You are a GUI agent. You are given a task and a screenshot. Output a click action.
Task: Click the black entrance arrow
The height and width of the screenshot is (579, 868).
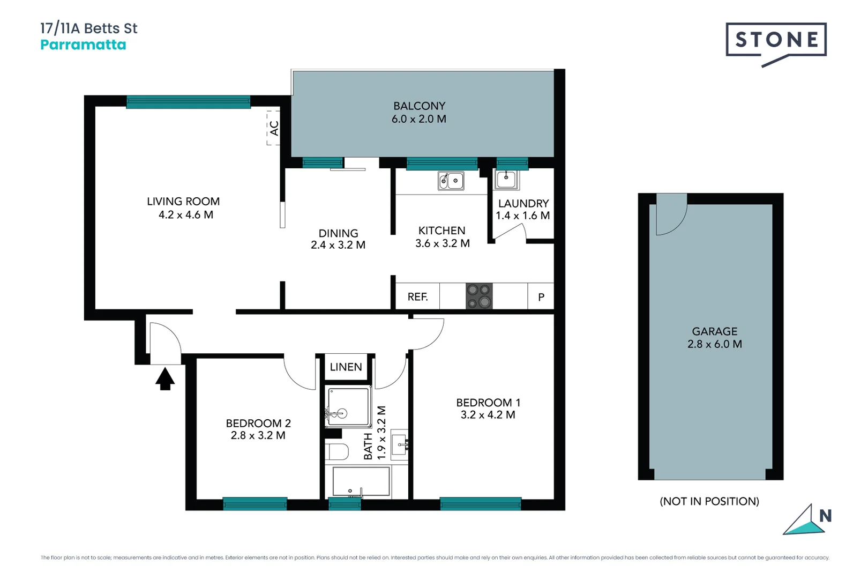pos(165,378)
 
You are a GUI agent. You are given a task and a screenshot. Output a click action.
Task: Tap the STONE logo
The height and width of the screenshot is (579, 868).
pos(776,40)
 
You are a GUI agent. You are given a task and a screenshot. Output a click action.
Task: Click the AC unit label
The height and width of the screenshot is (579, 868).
pos(274,128)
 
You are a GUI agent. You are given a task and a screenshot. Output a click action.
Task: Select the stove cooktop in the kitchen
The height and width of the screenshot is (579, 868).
pos(478,296)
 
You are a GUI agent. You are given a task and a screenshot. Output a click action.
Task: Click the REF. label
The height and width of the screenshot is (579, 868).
pos(417,297)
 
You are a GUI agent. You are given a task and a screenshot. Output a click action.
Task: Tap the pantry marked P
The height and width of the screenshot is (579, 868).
pos(541,297)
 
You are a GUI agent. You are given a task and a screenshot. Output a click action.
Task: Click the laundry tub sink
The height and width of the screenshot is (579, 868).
pos(506,180)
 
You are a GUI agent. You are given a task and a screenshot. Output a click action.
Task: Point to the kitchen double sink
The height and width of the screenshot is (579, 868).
pos(451,181)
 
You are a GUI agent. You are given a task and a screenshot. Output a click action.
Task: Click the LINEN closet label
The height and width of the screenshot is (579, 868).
pos(346,367)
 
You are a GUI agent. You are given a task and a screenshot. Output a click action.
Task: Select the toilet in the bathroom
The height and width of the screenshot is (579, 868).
pos(338,451)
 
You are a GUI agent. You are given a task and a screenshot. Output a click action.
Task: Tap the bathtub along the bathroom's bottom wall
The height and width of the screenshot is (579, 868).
pos(361,481)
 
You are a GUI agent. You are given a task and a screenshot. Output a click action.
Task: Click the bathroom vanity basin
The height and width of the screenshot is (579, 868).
pos(400,444)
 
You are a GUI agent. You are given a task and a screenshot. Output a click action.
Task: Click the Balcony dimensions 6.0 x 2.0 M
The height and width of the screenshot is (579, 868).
pos(418,119)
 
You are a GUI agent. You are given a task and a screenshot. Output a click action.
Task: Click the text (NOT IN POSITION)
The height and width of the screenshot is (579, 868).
pos(709,501)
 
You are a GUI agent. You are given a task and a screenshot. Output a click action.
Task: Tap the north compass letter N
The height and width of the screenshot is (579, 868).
pos(825,516)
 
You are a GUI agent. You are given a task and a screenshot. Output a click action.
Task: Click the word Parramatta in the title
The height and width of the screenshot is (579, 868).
pos(83,44)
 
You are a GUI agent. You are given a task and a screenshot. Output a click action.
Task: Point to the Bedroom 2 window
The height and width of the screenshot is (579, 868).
pos(255,503)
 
